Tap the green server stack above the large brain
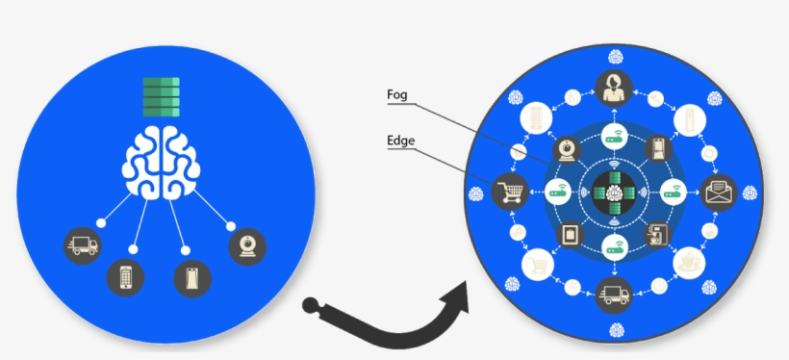pos(163,96)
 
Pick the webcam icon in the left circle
pos(247,245)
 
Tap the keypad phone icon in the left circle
pos(125,276)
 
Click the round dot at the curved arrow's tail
pos(311,306)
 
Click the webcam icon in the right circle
pos(568,149)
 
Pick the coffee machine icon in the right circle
pos(658,233)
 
